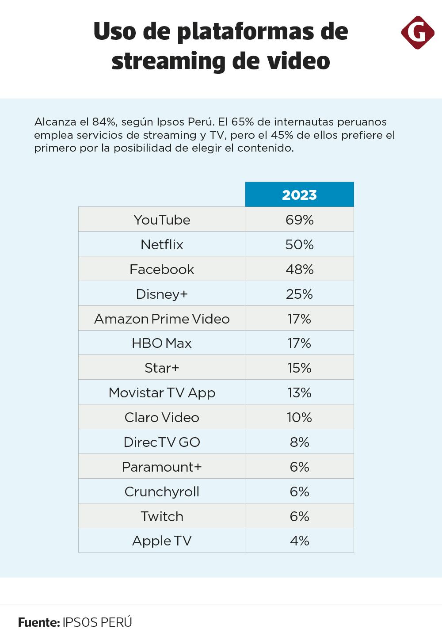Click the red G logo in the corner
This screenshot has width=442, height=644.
click(x=417, y=32)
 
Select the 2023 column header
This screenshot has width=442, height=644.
click(x=300, y=195)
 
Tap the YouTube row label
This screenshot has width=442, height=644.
click(x=162, y=220)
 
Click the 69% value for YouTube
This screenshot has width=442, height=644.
click(x=300, y=220)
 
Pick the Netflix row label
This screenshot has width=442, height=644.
click(x=162, y=244)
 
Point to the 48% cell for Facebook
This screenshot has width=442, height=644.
click(x=300, y=269)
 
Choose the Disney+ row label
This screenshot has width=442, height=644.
click(x=162, y=294)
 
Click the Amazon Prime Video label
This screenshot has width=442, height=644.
click(x=162, y=319)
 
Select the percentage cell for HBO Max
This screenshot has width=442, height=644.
click(x=300, y=343)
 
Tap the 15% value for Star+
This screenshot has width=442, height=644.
click(x=300, y=368)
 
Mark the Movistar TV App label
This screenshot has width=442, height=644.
click(x=162, y=392)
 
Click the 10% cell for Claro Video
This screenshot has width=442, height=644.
click(x=300, y=417)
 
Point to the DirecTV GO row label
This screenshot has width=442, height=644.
click(x=162, y=442)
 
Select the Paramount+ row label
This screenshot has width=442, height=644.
click(x=162, y=467)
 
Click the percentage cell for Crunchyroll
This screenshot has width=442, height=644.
click(x=300, y=492)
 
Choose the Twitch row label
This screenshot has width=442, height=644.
click(x=162, y=516)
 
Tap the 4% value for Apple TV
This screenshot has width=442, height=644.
click(x=300, y=541)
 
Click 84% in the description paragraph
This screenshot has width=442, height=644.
click(x=104, y=122)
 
